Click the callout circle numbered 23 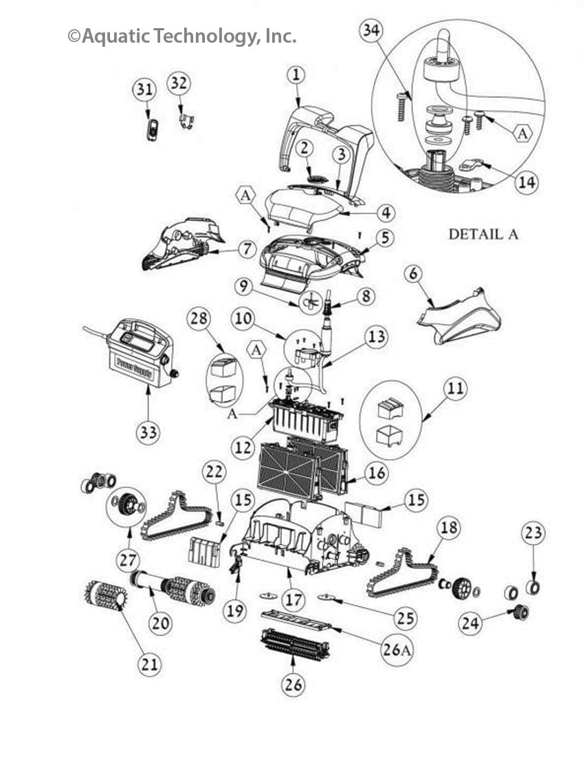point(534,532)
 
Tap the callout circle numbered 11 point(435,390)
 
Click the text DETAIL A point(483,234)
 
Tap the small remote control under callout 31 point(153,129)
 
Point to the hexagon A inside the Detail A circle point(522,134)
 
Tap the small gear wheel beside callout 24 point(519,611)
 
